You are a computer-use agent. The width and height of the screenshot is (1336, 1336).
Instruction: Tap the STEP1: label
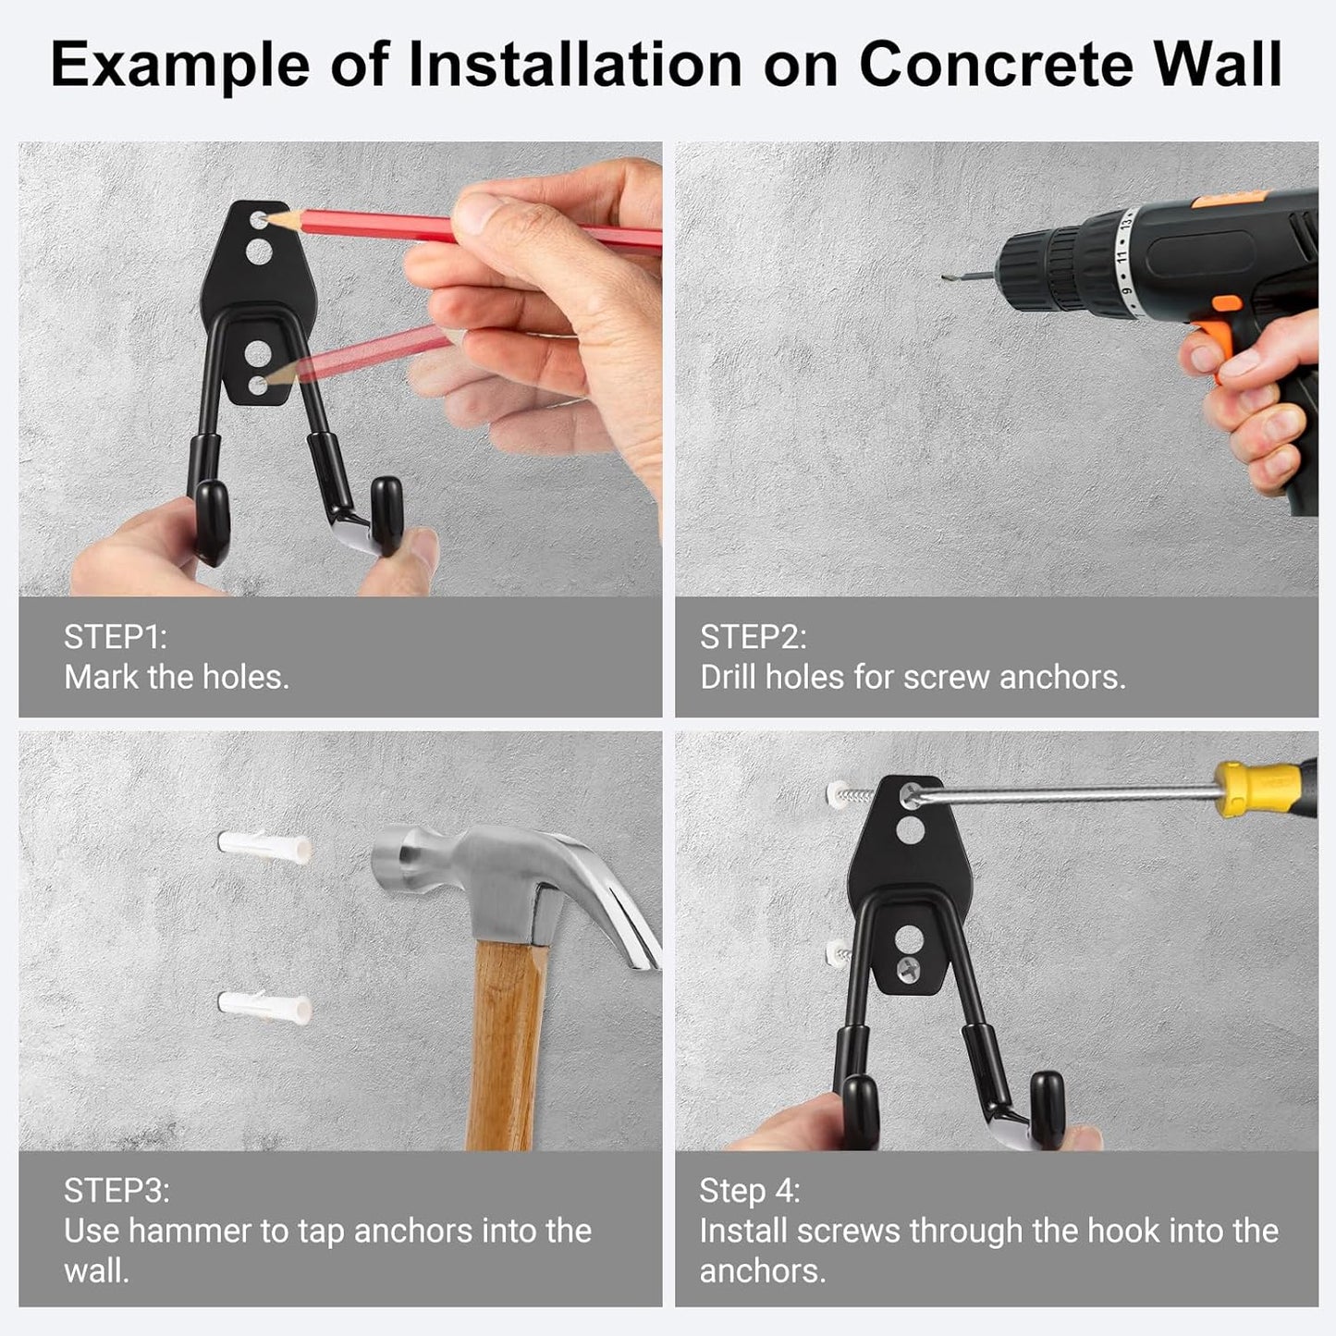pos(115,637)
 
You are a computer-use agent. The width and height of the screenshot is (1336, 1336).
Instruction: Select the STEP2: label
pos(753,637)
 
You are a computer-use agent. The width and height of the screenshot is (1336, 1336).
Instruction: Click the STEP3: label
pos(116,1190)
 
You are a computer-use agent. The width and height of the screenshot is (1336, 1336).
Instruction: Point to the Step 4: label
pos(749,1190)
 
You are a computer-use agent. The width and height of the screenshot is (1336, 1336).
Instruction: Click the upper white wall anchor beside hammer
pos(264,846)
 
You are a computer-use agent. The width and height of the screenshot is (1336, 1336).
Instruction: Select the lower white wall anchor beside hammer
pos(264,1005)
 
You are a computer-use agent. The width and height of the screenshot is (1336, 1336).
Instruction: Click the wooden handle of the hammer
pos(505,1045)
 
